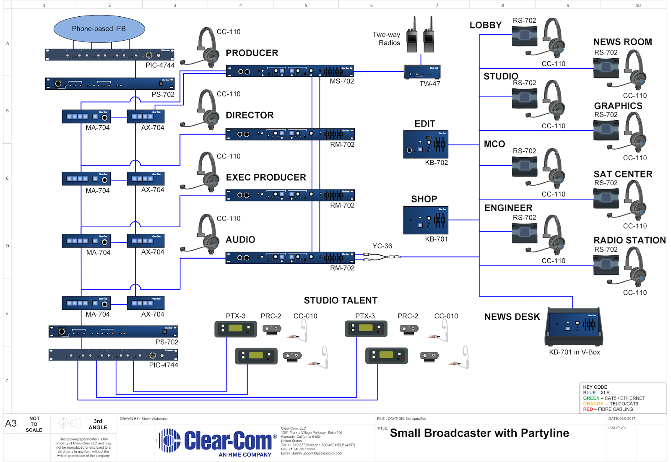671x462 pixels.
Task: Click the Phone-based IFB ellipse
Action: click(x=99, y=29)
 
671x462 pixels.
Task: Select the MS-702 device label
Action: click(x=341, y=81)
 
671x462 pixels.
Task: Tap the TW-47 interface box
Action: click(x=422, y=72)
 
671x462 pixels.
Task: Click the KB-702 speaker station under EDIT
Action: click(x=426, y=144)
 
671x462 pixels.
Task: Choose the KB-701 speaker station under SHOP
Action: click(x=426, y=220)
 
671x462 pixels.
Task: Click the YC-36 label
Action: click(x=382, y=246)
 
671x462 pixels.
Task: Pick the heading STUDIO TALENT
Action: click(x=341, y=301)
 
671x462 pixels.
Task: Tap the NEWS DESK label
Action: click(x=512, y=317)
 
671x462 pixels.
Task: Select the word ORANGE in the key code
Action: click(x=593, y=404)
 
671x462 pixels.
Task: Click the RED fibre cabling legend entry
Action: click(x=608, y=409)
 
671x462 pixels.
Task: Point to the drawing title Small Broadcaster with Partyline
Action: click(x=479, y=433)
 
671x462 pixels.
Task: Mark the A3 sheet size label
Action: click(x=11, y=423)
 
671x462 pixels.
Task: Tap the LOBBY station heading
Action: click(x=486, y=25)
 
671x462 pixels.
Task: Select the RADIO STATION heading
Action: click(x=629, y=240)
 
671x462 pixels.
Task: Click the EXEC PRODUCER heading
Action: click(x=266, y=177)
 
